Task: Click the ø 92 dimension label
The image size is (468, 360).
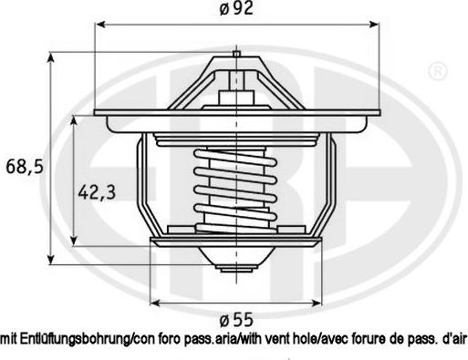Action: click(x=236, y=8)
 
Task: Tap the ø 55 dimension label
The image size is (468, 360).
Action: click(x=236, y=319)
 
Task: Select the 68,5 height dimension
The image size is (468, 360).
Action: click(x=25, y=167)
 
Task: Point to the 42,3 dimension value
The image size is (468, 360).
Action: click(x=97, y=192)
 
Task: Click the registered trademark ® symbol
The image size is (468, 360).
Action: click(x=438, y=71)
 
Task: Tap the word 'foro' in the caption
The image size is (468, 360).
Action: click(x=170, y=339)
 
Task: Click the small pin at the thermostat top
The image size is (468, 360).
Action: click(x=236, y=54)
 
